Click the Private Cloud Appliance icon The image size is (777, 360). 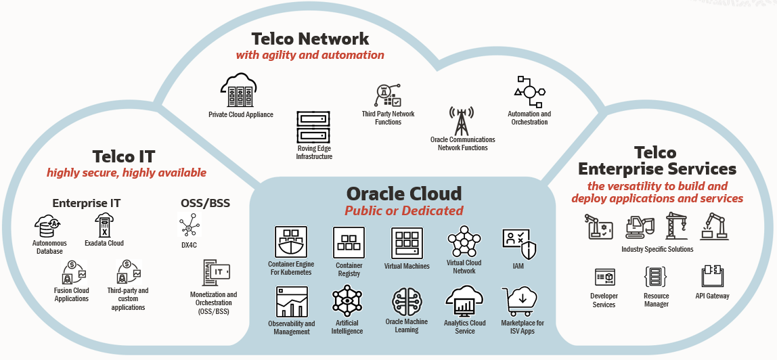[240, 91]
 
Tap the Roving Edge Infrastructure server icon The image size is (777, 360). [313, 127]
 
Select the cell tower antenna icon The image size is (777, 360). [462, 121]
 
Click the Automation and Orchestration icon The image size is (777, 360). [529, 92]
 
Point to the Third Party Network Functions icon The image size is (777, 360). [388, 96]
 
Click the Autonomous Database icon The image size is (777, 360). [48, 227]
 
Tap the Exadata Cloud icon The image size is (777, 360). [104, 226]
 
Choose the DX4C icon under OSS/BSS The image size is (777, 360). [189, 226]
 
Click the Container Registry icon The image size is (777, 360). [349, 243]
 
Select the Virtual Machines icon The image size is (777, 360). [407, 243]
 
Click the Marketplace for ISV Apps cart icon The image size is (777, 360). [519, 302]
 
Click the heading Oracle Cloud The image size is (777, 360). [403, 193]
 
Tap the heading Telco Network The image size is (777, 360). [310, 38]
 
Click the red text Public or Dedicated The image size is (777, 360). [404, 210]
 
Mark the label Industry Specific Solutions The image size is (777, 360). [657, 249]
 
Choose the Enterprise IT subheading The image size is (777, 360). [86, 203]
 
